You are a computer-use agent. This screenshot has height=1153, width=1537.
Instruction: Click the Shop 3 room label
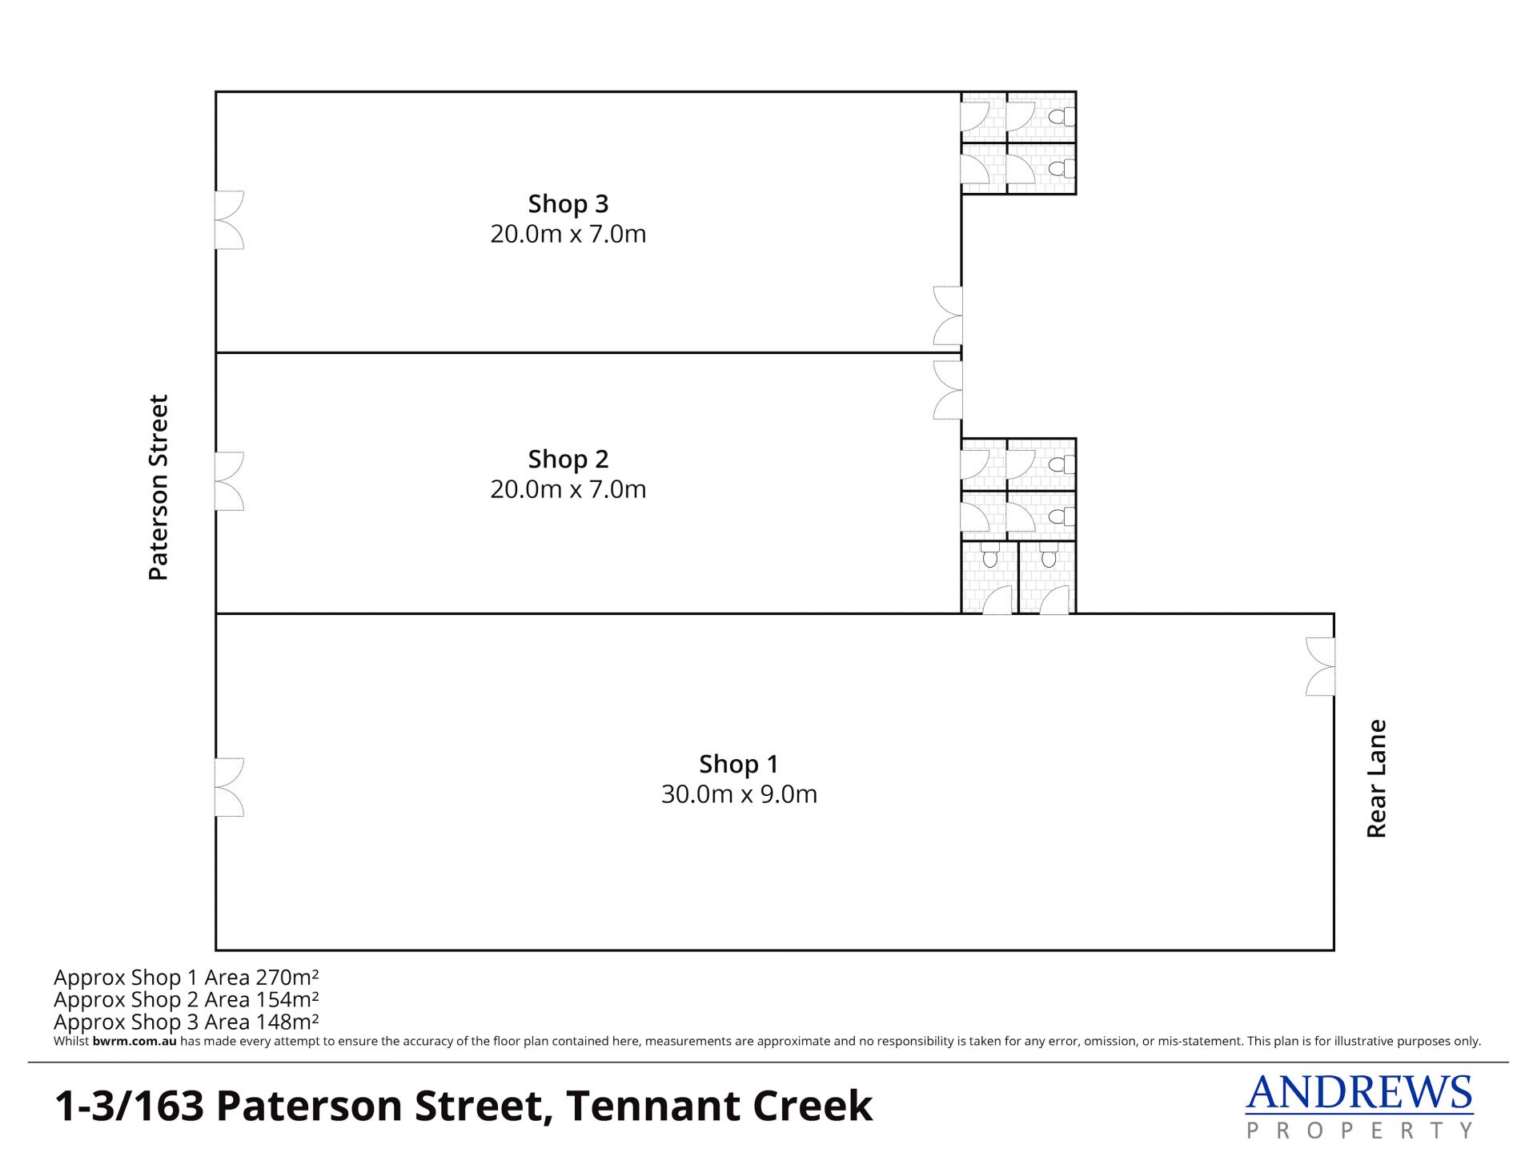[x=568, y=204]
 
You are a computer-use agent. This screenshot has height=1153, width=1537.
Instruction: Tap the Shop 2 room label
[x=568, y=460]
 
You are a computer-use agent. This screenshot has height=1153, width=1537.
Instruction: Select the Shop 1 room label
[x=739, y=765]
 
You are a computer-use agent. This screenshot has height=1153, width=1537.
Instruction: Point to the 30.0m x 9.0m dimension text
[x=739, y=794]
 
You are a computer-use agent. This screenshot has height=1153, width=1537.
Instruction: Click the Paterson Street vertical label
[x=159, y=487]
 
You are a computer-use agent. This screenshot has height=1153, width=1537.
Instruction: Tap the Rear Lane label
[x=1376, y=778]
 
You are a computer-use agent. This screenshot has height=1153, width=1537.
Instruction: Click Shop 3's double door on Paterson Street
[x=229, y=220]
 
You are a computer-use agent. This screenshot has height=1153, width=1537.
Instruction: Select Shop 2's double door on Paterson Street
[x=229, y=481]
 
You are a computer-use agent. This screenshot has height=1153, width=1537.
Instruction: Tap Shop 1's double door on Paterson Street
[x=229, y=787]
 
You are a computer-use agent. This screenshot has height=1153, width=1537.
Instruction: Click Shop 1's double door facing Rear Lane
[x=1320, y=666]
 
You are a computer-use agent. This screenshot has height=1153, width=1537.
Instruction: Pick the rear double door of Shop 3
[x=948, y=315]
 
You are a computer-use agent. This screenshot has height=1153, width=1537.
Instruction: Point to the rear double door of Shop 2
[x=948, y=390]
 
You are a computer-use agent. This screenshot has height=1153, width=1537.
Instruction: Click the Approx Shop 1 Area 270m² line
[x=187, y=978]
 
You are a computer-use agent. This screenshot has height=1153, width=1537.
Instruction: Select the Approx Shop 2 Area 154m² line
[x=187, y=999]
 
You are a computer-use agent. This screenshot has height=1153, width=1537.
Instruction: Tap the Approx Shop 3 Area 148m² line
[x=187, y=1022]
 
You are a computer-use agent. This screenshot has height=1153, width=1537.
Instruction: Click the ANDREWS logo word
[x=1359, y=1093]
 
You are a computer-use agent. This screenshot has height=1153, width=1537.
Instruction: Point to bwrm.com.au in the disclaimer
[x=134, y=1042]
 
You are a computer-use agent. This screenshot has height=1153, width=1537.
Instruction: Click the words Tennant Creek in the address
[x=719, y=1106]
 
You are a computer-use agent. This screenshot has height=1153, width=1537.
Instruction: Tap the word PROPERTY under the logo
[x=1359, y=1131]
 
